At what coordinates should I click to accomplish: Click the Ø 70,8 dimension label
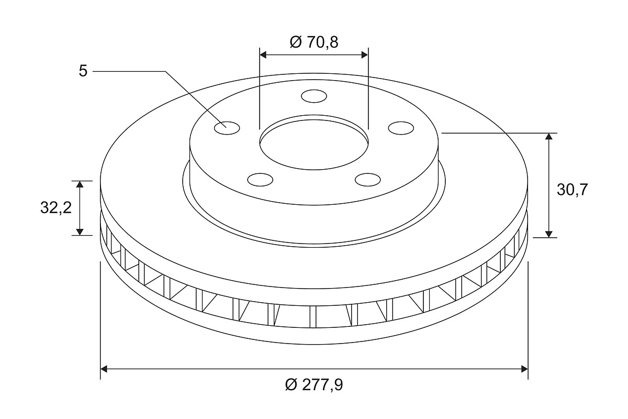[314, 42]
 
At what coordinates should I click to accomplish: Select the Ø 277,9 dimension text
[314, 384]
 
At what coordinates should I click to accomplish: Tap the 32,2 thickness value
[56, 208]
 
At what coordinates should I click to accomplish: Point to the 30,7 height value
[572, 190]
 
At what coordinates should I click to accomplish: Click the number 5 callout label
[83, 71]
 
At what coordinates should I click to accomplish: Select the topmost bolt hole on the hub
[314, 96]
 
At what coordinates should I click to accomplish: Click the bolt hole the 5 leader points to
[227, 128]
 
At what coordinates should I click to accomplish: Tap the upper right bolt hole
[401, 128]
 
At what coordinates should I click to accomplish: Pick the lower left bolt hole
[261, 180]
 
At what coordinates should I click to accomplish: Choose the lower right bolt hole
[367, 180]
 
